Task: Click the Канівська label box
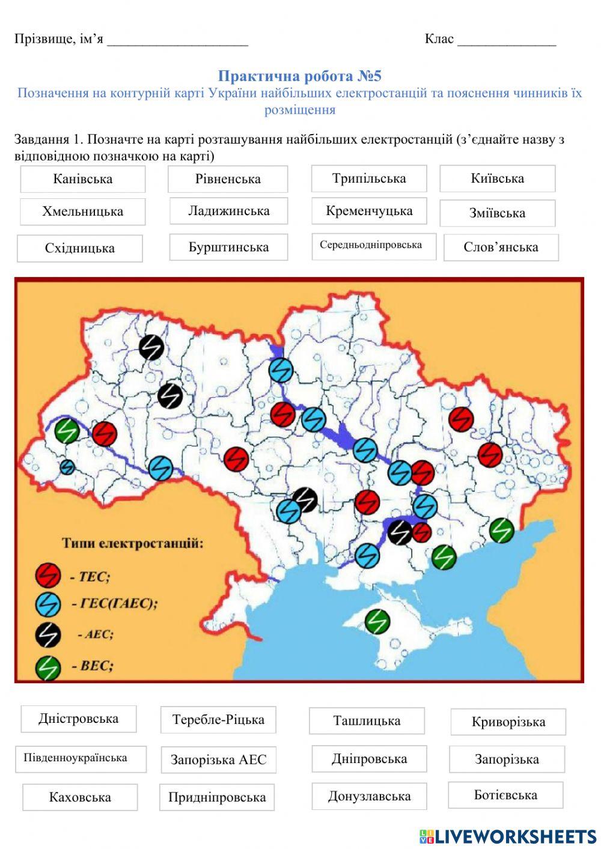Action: [83, 179]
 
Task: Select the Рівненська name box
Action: [228, 179]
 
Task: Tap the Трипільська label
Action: [369, 178]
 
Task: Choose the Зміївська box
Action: [497, 213]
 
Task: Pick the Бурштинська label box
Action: [228, 247]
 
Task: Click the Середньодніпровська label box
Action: [373, 246]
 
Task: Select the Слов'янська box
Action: [501, 247]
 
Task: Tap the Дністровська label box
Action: [79, 719]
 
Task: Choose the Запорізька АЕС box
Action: [218, 759]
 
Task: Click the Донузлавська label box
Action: [369, 796]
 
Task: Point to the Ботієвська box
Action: [505, 795]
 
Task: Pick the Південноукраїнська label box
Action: [81, 758]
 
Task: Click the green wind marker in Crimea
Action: [377, 621]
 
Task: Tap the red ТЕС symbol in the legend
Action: [48, 576]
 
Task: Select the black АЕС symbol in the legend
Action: [48, 634]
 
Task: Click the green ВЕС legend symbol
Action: [48, 666]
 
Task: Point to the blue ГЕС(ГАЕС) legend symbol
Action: [48, 604]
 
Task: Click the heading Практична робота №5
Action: [299, 76]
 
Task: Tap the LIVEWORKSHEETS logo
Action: [508, 836]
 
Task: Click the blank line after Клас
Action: [507, 41]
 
